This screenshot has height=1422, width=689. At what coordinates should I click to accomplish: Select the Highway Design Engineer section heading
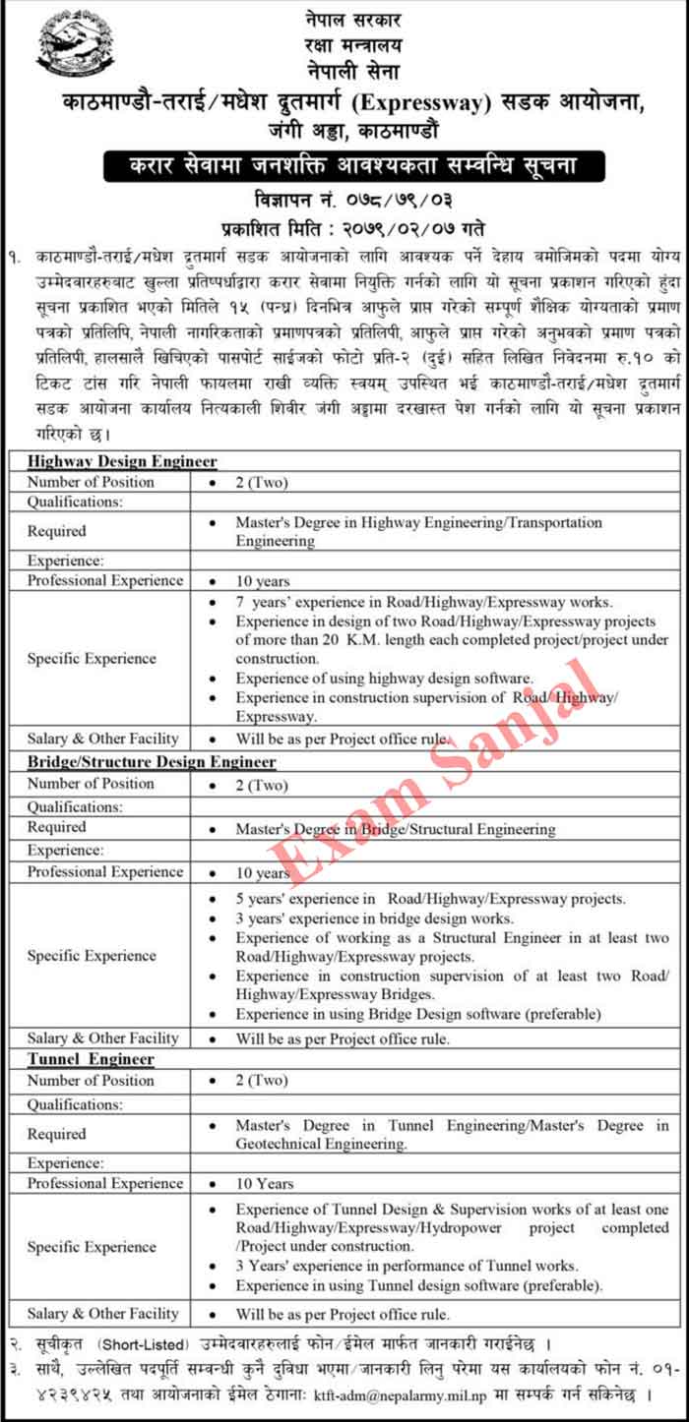coord(122,460)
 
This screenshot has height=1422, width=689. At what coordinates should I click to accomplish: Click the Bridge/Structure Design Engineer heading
coord(152,761)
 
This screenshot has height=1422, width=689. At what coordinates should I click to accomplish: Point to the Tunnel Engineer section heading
coord(91,1058)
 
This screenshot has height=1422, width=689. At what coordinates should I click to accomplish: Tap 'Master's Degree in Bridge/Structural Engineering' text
coord(395,829)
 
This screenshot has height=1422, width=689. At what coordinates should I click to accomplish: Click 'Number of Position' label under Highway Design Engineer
coord(91,482)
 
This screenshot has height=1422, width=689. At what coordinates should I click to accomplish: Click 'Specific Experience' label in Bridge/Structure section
coord(92,955)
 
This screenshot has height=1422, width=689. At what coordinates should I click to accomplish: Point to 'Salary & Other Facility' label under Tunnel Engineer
coord(103,1313)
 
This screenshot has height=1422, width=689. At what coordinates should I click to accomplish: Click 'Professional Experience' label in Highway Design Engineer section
coord(105,580)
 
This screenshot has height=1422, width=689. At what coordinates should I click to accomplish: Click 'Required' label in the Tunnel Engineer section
coord(57,1134)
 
